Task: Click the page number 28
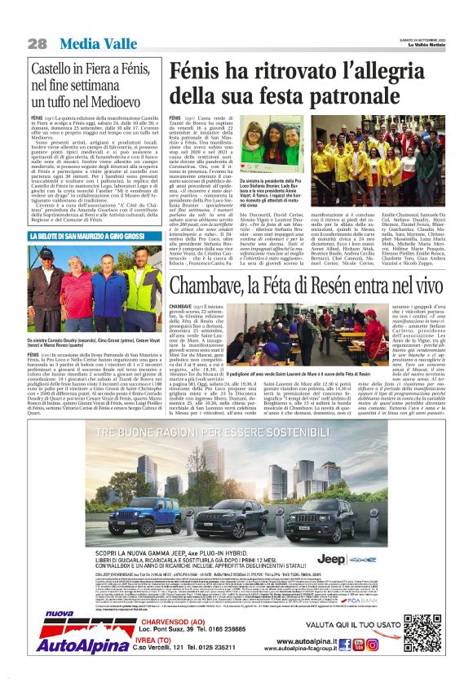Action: pyautogui.click(x=37, y=42)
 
